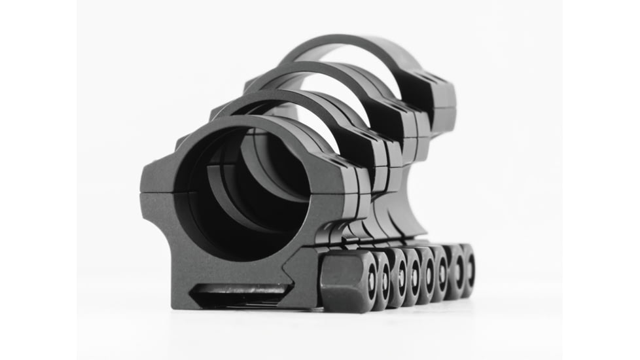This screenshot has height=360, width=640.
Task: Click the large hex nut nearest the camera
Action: [x=346, y=281]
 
